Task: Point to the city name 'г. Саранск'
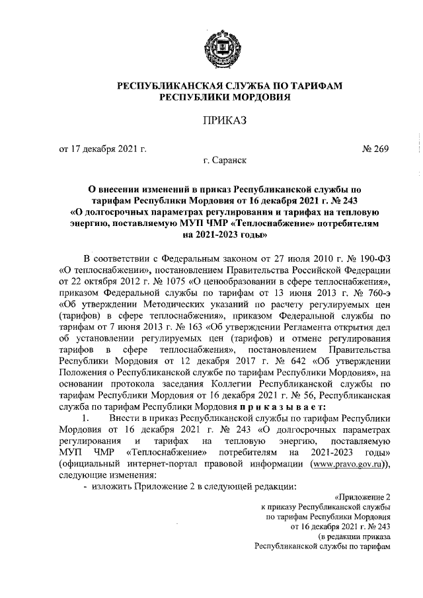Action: pyautogui.click(x=225, y=161)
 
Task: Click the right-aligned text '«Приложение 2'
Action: pyautogui.click(x=362, y=498)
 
